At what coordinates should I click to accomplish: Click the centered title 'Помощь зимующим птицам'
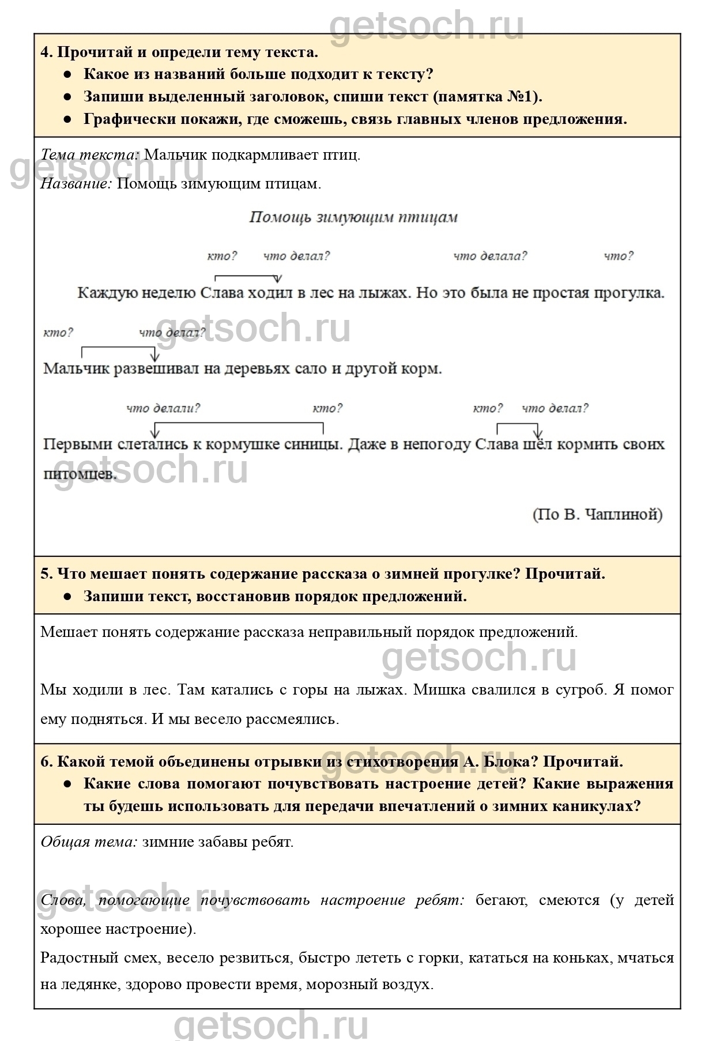point(353,217)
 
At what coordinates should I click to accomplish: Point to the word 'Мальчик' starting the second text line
point(76,368)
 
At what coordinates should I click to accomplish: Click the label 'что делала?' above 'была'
point(489,256)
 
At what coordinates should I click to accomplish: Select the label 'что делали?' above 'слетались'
point(163,408)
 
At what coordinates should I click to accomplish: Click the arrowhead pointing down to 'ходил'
point(278,280)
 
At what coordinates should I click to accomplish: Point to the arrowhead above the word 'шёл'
point(537,433)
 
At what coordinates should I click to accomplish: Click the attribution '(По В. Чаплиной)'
point(597,514)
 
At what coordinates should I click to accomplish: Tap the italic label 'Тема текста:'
point(89,155)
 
